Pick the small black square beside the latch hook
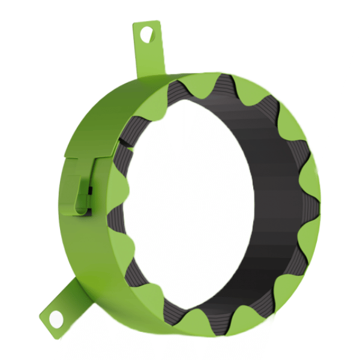(x=90, y=191)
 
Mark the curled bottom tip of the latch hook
(x=82, y=210)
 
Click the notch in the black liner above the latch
(x=124, y=142)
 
